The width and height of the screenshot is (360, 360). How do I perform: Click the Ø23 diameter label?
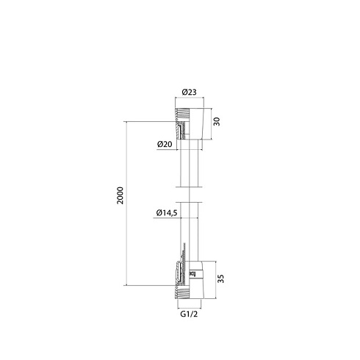pos(189,92)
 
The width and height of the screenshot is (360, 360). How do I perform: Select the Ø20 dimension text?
pos(165,144)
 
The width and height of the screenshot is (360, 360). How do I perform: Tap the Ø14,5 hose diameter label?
pos(167,213)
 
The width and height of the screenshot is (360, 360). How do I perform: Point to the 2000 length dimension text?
pos(120,195)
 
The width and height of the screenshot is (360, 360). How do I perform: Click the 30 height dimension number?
pos(217,121)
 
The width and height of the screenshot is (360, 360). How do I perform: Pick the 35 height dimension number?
pos(221,278)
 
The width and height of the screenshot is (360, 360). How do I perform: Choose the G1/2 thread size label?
pos(189,314)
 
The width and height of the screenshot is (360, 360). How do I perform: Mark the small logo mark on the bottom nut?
pos(192,274)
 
